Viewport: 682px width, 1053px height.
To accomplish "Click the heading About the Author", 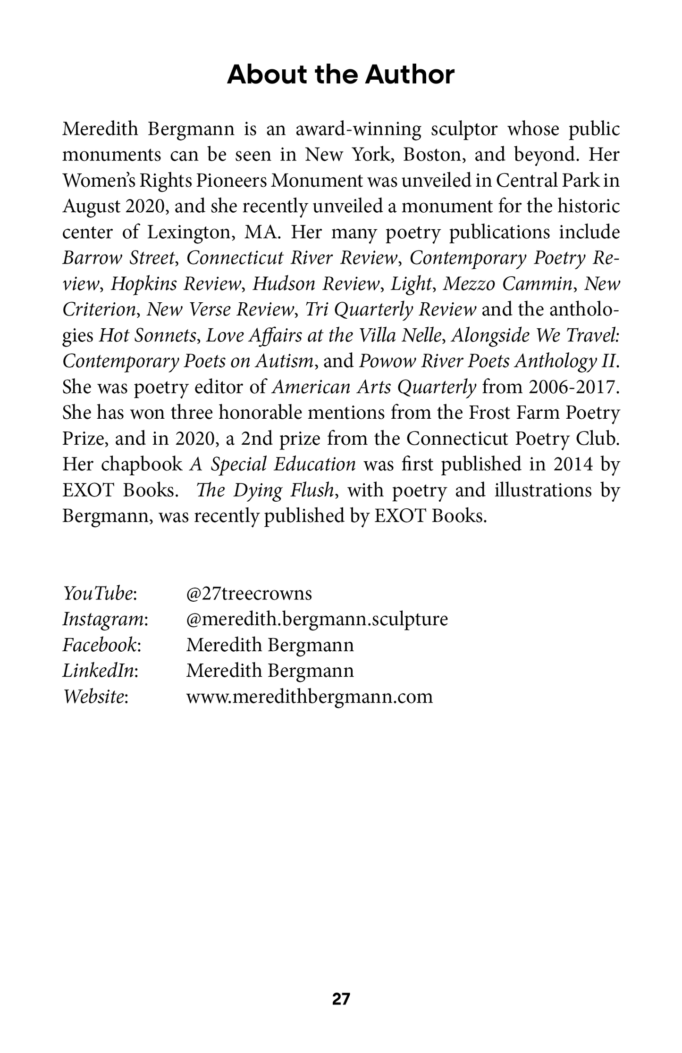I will click(x=341, y=75).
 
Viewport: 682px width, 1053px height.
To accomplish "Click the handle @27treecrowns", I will click(x=249, y=593).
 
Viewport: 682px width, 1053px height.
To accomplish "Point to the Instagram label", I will click(x=105, y=619).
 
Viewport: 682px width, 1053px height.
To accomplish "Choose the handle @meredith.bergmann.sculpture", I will click(x=317, y=619).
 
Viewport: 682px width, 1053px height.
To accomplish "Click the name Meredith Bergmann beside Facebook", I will click(x=270, y=645).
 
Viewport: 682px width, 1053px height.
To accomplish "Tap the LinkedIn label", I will click(x=100, y=671).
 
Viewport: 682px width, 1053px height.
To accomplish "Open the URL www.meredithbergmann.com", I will click(x=309, y=696).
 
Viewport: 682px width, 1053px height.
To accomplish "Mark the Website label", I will click(x=95, y=696).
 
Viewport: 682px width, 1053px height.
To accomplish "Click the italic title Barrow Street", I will click(x=119, y=258).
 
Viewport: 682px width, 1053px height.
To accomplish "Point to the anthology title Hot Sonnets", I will click(x=148, y=336).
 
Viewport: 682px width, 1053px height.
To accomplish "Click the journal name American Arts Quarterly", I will click(x=375, y=387).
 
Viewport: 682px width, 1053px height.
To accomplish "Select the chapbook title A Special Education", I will click(x=273, y=464).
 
